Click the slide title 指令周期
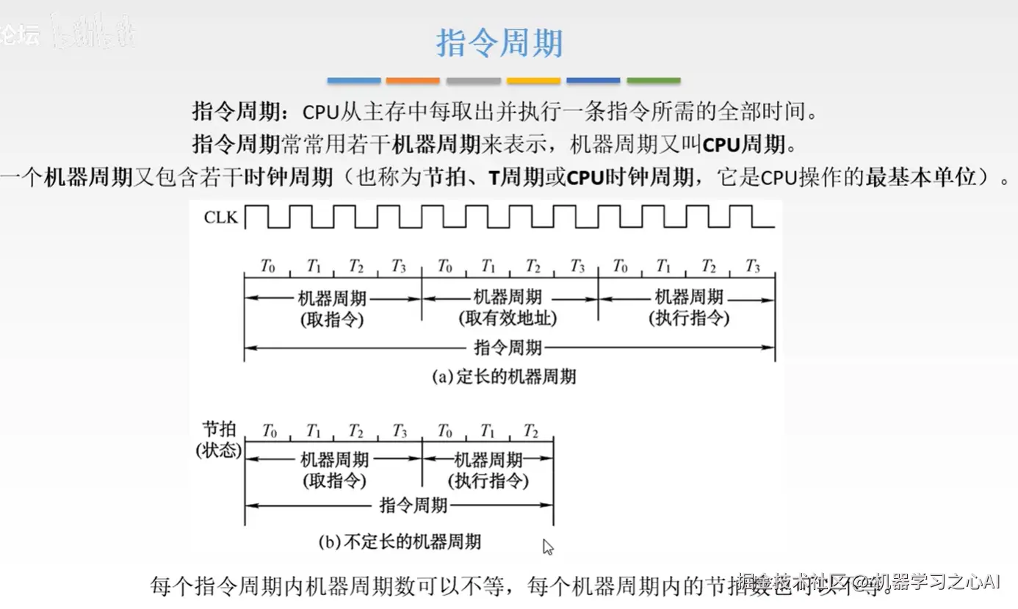click(x=499, y=43)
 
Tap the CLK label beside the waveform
click(x=221, y=217)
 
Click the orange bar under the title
click(x=413, y=80)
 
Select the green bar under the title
click(x=653, y=80)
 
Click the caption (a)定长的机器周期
click(x=504, y=377)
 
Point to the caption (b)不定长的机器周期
click(x=400, y=542)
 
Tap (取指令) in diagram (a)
click(x=332, y=319)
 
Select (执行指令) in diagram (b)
click(x=488, y=481)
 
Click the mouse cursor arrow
click(x=547, y=547)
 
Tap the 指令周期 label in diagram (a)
click(x=508, y=347)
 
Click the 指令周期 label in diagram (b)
click(x=414, y=505)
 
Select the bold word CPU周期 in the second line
click(x=744, y=145)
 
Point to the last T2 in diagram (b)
click(x=531, y=430)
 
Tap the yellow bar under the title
click(x=533, y=80)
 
